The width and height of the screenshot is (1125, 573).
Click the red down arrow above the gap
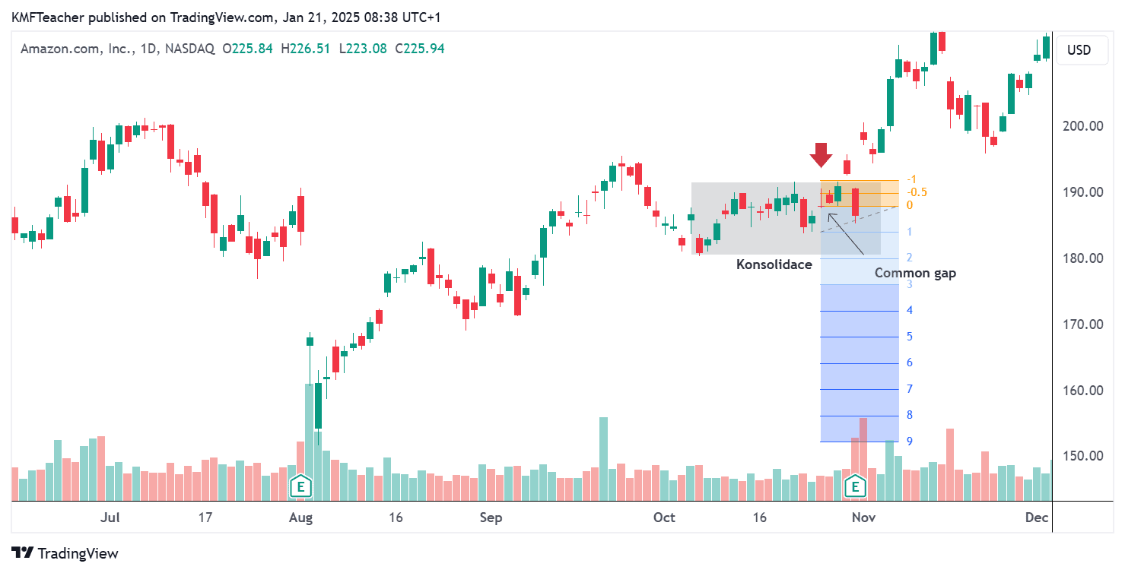[x=821, y=155]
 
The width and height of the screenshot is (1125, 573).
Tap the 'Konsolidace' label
[x=774, y=264]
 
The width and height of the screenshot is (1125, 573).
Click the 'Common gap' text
[x=915, y=273]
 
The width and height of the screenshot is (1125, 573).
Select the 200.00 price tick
[x=1083, y=126]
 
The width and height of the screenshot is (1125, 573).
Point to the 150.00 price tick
[x=1083, y=456]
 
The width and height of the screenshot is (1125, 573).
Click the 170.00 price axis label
[x=1083, y=324]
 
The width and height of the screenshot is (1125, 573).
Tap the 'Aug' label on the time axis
[x=301, y=518]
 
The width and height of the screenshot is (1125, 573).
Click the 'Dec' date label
[x=1036, y=518]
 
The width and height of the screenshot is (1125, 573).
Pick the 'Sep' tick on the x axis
[x=491, y=518]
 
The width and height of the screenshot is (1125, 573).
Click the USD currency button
[x=1079, y=50]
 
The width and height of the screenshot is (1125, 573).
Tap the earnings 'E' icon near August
[x=301, y=485]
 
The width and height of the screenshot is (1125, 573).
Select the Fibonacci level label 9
[x=910, y=442]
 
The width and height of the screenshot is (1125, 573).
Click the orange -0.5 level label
[x=917, y=192]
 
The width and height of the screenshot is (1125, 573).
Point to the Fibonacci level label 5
[x=910, y=337]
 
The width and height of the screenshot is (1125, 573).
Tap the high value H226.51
[x=306, y=49]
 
